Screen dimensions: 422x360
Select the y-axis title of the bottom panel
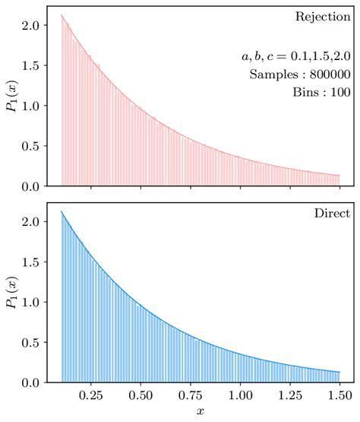point(12,293)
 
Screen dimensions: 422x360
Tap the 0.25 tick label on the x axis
point(91,395)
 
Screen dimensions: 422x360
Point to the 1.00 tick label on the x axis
point(241,395)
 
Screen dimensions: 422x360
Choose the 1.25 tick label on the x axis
point(290,395)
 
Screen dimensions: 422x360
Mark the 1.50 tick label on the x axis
point(340,395)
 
